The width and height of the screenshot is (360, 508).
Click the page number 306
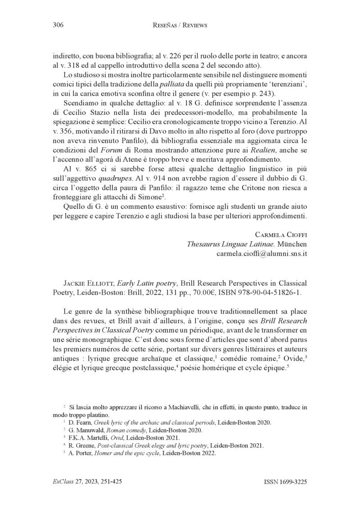pos(58,25)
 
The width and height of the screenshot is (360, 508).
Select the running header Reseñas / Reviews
pos(180,26)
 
